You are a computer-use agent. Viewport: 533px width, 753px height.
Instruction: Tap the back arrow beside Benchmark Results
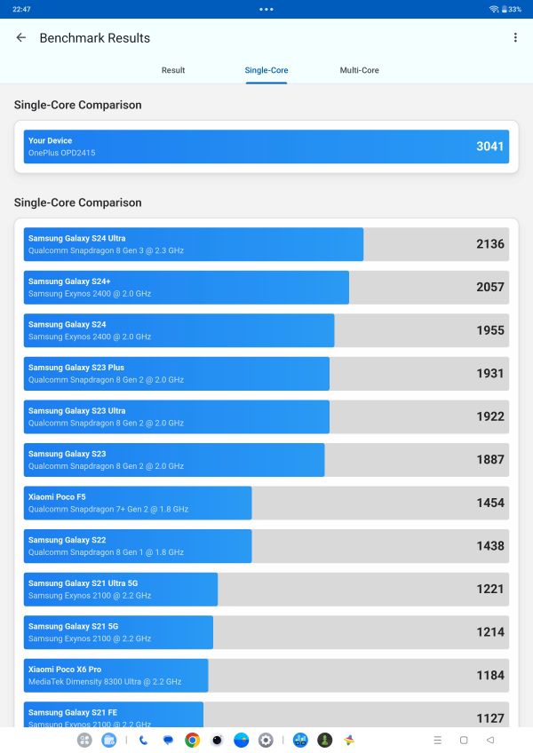pos(21,38)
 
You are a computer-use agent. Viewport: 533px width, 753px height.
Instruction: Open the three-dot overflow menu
pos(515,38)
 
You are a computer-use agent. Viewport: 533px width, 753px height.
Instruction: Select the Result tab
pos(173,70)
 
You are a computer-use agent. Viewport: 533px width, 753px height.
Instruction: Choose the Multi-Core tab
pos(359,70)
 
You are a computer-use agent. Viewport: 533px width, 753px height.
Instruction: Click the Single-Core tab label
pos(266,70)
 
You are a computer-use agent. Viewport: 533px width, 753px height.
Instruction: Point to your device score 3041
pos(489,147)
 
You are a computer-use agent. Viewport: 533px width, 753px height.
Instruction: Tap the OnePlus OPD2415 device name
pos(61,153)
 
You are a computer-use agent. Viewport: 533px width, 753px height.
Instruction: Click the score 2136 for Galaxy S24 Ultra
pos(489,244)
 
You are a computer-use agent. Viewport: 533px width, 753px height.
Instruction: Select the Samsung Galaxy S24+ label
pos(69,281)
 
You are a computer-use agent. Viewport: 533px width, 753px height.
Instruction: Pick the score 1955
pos(489,330)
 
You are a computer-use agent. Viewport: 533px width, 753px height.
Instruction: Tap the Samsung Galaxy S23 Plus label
pos(76,368)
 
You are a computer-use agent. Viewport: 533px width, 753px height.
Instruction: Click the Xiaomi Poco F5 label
pos(57,497)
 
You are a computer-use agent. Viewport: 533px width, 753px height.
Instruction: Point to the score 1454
pos(489,503)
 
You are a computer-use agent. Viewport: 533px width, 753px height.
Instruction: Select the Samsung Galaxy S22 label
pos(67,540)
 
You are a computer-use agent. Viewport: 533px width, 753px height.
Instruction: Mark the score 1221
pos(489,589)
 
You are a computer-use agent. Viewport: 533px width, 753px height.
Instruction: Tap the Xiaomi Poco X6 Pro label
pos(65,670)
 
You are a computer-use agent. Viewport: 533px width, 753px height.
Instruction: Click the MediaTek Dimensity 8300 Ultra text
pos(104,682)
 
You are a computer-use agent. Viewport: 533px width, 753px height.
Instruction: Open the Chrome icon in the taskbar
pos(192,740)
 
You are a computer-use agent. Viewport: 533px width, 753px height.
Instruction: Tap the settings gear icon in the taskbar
pos(266,740)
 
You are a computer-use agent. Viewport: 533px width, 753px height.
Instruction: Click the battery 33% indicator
pos(511,9)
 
